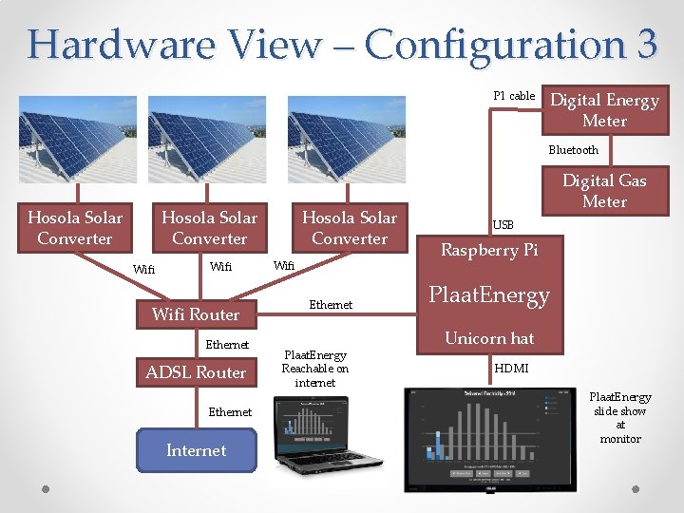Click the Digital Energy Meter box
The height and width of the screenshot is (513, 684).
tap(605, 110)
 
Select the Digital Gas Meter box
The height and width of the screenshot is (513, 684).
tap(604, 191)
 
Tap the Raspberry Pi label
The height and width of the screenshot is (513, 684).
tap(488, 251)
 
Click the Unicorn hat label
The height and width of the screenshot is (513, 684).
tap(489, 338)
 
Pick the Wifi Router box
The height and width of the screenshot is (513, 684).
tap(196, 314)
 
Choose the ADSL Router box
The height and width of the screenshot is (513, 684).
tap(196, 372)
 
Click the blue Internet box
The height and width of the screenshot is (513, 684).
tap(196, 450)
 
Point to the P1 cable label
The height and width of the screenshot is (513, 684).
tap(514, 96)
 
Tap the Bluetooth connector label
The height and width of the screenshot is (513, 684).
tap(573, 150)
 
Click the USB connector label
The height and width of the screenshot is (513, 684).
tap(503, 225)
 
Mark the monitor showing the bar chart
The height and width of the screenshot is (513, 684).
tap(493, 436)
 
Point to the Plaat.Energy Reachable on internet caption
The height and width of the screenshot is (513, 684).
tap(314, 369)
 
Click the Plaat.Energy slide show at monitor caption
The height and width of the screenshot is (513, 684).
tap(619, 418)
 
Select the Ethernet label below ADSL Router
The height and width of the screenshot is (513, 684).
tap(230, 412)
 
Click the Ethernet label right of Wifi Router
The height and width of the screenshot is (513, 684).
tap(331, 305)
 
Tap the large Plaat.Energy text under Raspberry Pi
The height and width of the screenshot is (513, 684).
tap(489, 295)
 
